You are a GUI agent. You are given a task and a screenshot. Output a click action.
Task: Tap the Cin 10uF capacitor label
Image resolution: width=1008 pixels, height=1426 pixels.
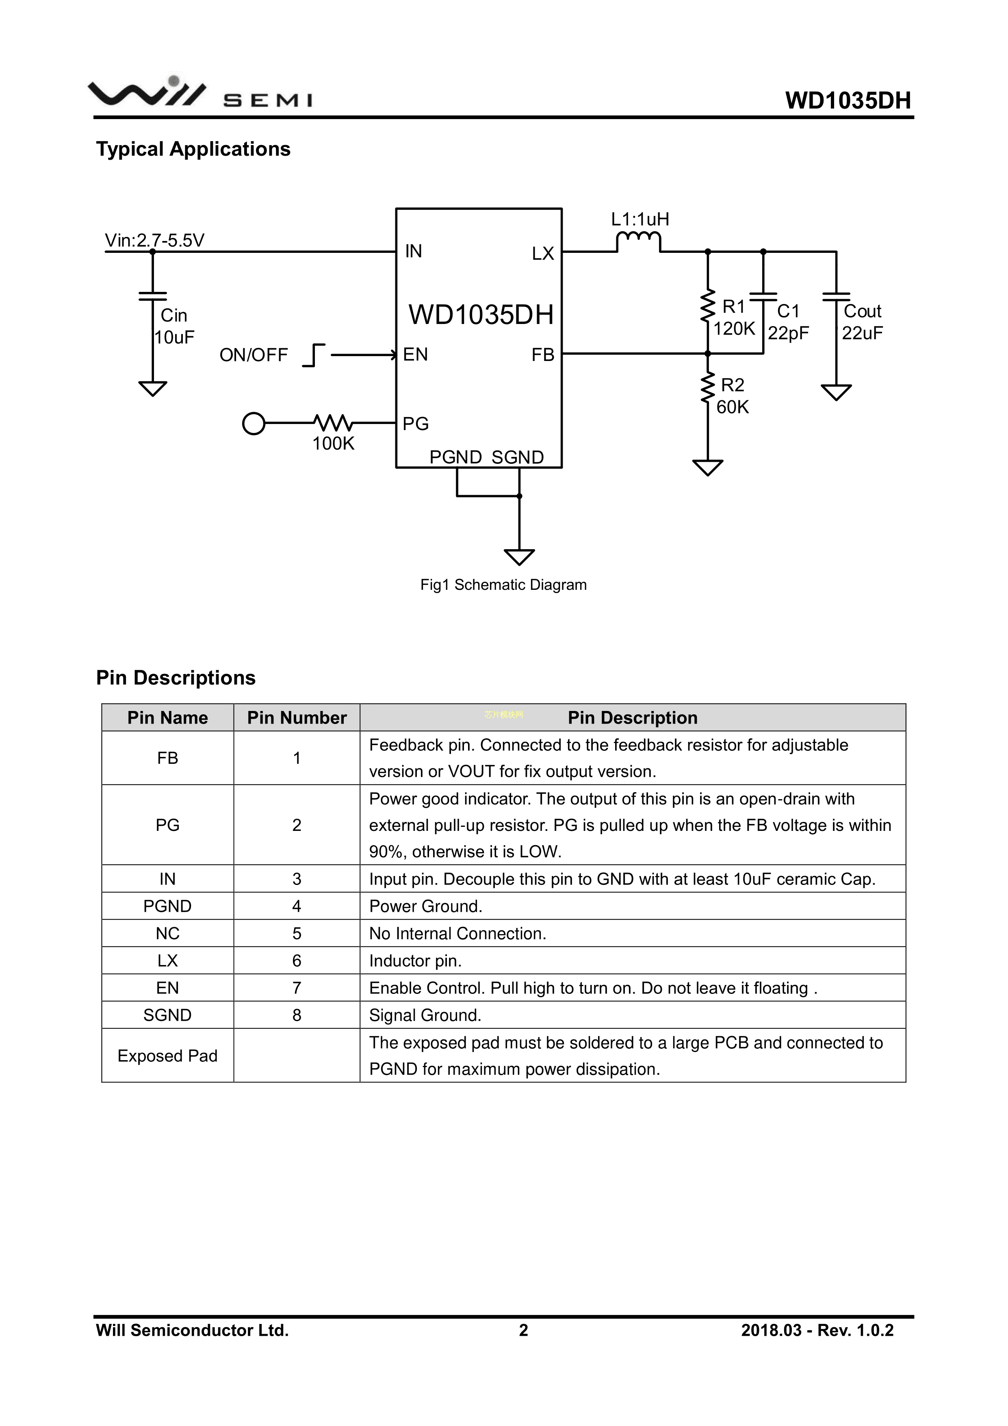click(174, 326)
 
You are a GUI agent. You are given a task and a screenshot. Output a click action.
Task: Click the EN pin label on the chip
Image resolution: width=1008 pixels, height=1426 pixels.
click(415, 354)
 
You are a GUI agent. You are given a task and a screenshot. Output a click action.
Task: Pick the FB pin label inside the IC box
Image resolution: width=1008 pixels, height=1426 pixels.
click(542, 354)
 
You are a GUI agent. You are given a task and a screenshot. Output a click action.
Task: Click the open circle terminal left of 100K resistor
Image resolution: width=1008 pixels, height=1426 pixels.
click(253, 424)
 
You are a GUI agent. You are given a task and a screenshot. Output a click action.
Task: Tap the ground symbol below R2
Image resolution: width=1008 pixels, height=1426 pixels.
click(708, 467)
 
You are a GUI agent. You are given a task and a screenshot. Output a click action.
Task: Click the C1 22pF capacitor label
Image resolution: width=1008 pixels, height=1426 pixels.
click(788, 322)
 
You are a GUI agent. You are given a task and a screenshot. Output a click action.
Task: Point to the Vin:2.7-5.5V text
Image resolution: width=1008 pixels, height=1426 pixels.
click(154, 240)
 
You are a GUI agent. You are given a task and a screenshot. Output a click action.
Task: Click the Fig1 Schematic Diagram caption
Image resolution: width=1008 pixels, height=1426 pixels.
click(503, 585)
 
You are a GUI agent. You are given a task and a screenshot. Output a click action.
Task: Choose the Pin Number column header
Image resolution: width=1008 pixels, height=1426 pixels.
click(297, 717)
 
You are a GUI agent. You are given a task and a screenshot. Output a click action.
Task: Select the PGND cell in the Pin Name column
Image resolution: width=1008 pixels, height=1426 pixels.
click(167, 906)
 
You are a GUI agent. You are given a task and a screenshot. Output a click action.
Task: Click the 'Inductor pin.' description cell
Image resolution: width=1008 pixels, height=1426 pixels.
click(415, 961)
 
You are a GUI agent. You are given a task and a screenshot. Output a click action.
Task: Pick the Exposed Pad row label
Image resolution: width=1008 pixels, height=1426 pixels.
click(167, 1055)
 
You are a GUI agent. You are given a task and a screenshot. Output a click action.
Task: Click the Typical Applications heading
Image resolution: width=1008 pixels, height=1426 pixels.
click(193, 149)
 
